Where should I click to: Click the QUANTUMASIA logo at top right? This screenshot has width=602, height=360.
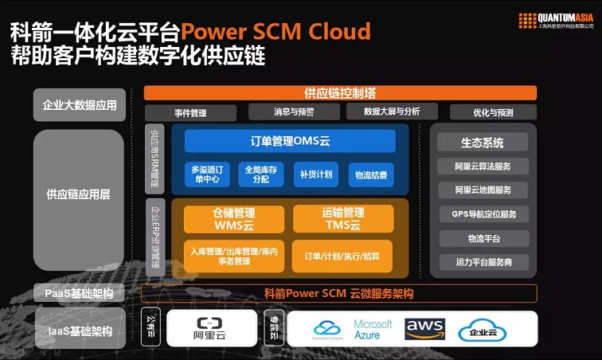click(556, 20)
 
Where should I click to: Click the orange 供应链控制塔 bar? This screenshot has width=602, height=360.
click(339, 92)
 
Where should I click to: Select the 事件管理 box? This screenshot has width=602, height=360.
click(190, 112)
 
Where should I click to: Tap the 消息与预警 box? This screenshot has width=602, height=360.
click(294, 112)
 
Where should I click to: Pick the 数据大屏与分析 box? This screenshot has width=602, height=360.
click(391, 112)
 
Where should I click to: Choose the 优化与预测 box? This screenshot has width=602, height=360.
click(493, 112)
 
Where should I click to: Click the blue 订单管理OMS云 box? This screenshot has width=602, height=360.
click(290, 141)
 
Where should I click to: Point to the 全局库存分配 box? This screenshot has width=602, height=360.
click(261, 174)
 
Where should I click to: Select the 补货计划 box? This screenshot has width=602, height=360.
click(316, 174)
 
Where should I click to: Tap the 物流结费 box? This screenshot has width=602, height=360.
click(370, 174)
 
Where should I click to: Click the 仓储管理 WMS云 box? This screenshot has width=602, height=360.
click(233, 219)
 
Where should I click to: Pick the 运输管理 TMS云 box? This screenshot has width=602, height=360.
click(342, 219)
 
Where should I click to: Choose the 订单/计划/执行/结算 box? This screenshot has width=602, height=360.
click(342, 256)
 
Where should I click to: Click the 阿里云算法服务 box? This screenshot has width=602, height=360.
click(483, 166)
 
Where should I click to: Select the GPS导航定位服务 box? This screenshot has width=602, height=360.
click(483, 214)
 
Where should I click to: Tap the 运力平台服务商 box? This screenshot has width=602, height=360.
click(483, 261)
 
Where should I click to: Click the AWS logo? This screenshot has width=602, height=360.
click(424, 329)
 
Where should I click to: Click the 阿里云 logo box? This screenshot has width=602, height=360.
click(211, 329)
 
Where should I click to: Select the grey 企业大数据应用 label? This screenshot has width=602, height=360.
click(80, 104)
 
